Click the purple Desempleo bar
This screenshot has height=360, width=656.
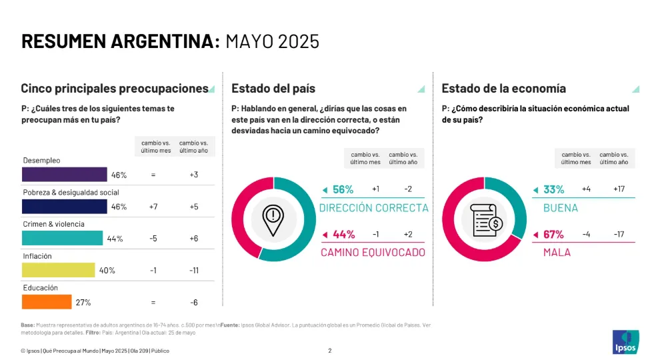tap(64, 175)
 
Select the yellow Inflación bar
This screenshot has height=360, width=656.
tap(59, 270)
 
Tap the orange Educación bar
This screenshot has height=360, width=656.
tap(47, 302)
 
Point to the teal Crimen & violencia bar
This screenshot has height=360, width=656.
tap(62, 239)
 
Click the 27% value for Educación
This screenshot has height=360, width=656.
tap(83, 303)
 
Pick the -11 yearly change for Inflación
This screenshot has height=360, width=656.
tap(193, 271)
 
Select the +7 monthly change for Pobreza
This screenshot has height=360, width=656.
tap(153, 207)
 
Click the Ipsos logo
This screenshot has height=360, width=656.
tap(624, 342)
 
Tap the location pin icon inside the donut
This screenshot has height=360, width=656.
tap(273, 221)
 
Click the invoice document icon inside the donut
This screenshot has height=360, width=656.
tap(485, 221)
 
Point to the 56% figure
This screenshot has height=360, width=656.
tap(343, 189)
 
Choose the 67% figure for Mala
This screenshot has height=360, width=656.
tap(553, 235)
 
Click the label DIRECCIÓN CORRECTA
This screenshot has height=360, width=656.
tap(373, 208)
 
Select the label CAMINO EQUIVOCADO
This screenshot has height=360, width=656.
tap(373, 253)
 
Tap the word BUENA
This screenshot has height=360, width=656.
tap(561, 208)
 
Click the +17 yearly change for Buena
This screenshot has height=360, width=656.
tap(619, 189)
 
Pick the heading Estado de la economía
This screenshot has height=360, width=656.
tap(503, 89)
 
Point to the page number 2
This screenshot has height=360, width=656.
tap(329, 351)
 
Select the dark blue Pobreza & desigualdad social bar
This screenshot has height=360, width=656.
tap(64, 207)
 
